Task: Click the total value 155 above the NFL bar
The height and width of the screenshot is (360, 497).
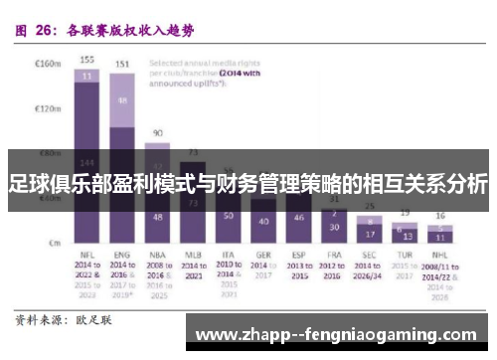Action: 87,60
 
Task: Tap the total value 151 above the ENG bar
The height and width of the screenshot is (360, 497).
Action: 122,65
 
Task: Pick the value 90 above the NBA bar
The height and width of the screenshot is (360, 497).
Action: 157,131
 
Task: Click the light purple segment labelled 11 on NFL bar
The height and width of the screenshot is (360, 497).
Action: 87,76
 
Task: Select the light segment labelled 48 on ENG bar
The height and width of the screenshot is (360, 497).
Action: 122,100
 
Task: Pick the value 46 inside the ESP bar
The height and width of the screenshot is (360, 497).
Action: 298,217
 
